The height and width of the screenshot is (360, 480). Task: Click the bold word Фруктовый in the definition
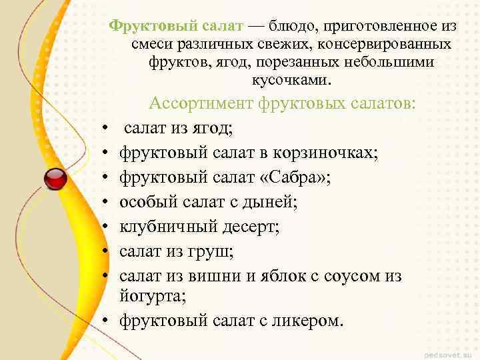point(144,26)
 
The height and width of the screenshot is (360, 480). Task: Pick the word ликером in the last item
point(306,321)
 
